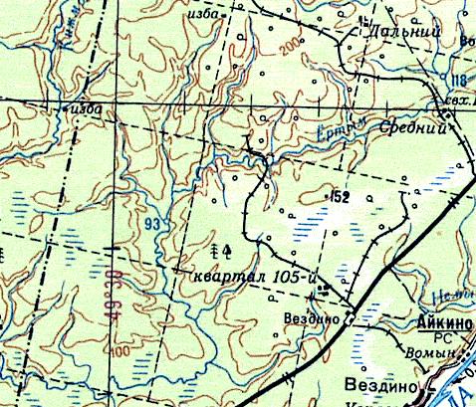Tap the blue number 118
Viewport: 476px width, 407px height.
point(457,80)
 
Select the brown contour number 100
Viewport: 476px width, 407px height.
point(121,351)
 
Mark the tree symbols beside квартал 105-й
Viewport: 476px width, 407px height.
point(220,247)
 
